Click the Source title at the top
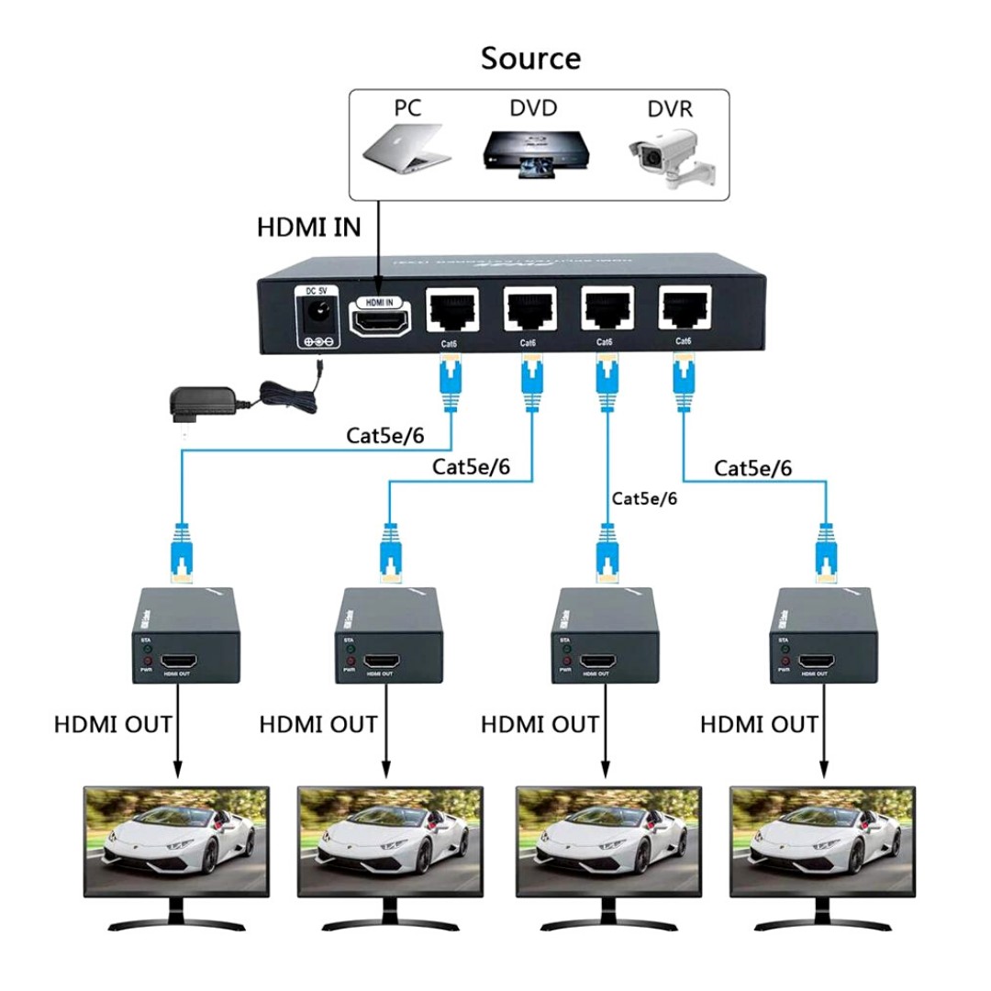click(x=530, y=59)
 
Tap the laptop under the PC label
click(x=407, y=149)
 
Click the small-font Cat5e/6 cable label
click(x=644, y=498)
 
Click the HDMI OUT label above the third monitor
click(x=540, y=724)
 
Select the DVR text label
click(x=669, y=109)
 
